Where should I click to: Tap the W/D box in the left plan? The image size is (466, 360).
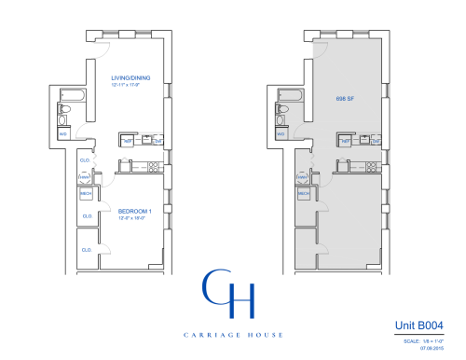(x=63, y=133)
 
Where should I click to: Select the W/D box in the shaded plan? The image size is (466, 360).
(x=280, y=133)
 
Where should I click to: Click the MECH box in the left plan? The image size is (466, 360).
(x=85, y=194)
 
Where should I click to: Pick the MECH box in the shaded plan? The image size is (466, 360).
(x=302, y=193)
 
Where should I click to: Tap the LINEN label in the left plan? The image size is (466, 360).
(x=83, y=176)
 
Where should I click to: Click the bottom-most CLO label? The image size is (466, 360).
(x=86, y=250)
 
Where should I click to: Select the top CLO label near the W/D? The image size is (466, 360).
(x=84, y=159)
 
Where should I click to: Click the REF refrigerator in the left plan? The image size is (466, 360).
(x=127, y=140)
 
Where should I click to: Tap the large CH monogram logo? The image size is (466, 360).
(x=228, y=297)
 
